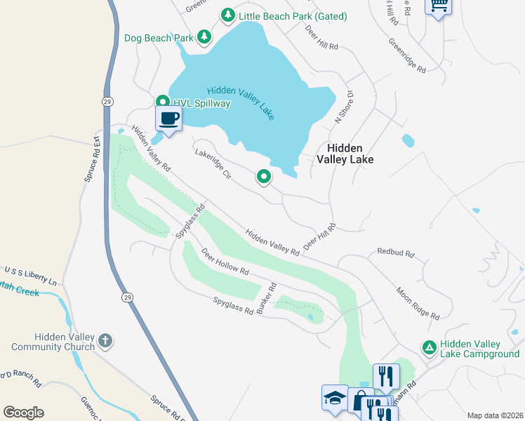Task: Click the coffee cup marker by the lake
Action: pos(168,119)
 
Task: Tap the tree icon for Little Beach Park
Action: pos(227,15)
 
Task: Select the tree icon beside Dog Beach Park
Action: pos(204,37)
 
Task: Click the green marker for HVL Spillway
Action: pos(161,102)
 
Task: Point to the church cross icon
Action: pos(105,341)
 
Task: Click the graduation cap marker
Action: pos(334,398)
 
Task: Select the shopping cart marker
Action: pos(439,6)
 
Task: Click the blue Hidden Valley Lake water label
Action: pos(241,102)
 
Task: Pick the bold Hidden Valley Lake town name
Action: pos(344,154)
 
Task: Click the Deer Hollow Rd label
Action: pos(225,262)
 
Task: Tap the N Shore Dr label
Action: pos(342,108)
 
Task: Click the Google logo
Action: pos(23,412)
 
